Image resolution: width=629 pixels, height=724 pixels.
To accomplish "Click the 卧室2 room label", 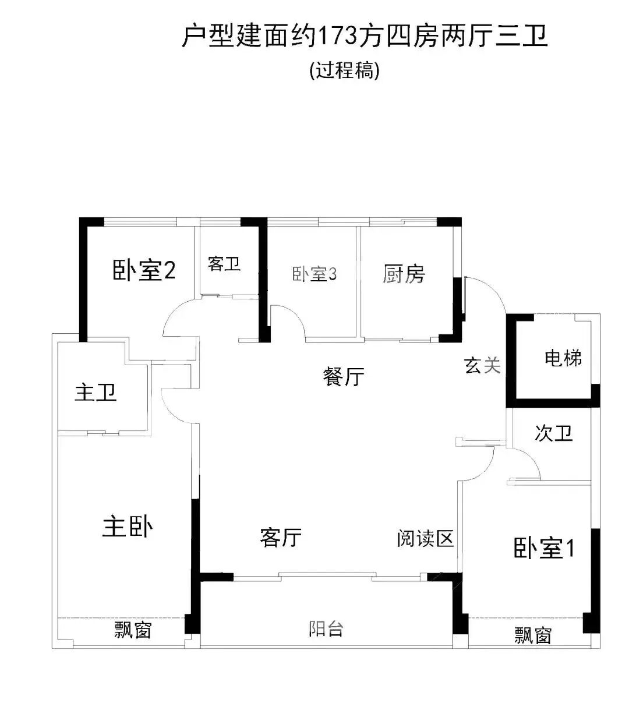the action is (144, 271).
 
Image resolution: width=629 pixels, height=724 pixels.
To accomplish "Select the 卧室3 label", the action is (314, 274).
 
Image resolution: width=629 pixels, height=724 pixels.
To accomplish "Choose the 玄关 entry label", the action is (482, 365).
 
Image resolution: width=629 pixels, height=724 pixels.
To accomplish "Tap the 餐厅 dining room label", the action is (344, 377).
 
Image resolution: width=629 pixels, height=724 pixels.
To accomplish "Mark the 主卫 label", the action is (96, 392).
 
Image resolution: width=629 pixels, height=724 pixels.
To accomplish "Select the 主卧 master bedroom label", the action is (128, 527).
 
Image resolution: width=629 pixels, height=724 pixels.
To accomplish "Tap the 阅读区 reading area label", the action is (425, 539).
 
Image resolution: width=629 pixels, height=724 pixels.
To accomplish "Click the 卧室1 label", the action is (544, 548).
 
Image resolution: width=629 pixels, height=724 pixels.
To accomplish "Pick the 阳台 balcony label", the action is (326, 629).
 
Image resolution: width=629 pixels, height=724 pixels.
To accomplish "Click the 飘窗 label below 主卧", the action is (133, 630).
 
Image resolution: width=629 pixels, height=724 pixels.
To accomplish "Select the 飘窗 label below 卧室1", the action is (532, 635).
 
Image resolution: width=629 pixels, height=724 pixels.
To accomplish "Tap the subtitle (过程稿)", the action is (345, 70).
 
